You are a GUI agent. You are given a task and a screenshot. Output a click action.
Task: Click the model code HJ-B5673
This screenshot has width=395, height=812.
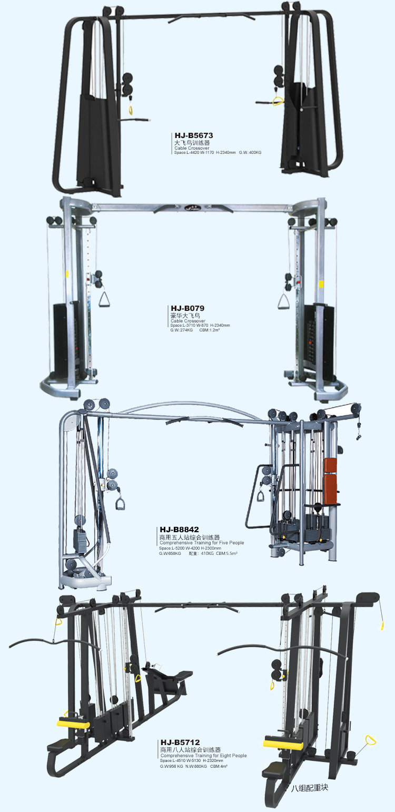coord(194,135)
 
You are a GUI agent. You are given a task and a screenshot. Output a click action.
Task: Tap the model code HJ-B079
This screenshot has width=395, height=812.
coord(187,308)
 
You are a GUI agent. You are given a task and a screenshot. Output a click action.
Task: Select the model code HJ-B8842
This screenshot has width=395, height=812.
coord(180,530)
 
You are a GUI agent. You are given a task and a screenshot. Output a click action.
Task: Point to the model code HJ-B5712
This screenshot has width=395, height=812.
coord(180,742)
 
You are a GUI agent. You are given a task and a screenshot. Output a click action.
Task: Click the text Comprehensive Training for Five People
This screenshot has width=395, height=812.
coord(202,543)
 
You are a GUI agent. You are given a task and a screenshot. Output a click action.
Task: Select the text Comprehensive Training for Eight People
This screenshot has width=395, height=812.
coord(204,756)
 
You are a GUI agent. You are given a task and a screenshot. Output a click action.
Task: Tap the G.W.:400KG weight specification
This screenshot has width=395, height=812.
coord(250,153)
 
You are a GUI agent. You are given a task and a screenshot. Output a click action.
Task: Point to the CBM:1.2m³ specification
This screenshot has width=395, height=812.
coord(210,330)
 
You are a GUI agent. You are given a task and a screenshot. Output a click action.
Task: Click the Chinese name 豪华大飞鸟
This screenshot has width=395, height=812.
coord(185,316)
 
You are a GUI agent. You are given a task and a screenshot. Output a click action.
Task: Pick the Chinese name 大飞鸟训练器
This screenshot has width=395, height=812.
coord(192,143)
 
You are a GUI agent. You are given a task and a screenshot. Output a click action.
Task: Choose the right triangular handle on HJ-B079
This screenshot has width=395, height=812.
coord(283,301)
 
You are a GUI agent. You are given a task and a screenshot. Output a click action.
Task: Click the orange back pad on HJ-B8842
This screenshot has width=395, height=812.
coord(331,481)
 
